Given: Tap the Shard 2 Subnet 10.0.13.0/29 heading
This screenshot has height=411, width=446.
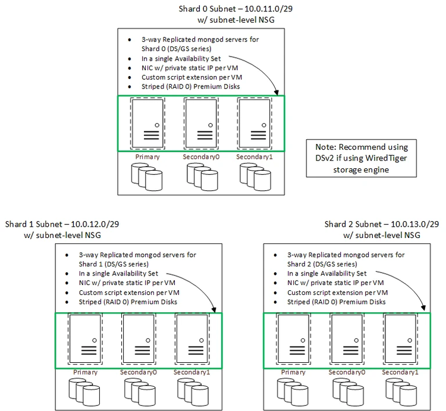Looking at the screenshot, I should click(382, 224).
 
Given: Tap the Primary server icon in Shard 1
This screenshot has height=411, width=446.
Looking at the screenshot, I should click(85, 340).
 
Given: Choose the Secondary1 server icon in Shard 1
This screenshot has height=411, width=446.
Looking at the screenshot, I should click(191, 340).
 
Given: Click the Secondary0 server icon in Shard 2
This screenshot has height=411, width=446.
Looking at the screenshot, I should click(346, 340).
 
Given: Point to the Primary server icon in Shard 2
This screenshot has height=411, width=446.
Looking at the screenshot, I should click(293, 340).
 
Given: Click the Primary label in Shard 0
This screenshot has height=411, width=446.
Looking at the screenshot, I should click(147, 157).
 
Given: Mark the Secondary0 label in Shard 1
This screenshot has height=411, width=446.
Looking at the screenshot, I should click(139, 372).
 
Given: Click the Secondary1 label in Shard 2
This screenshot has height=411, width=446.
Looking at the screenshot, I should click(400, 372).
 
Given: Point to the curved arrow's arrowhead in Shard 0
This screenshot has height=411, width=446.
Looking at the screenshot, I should click(276, 93).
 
